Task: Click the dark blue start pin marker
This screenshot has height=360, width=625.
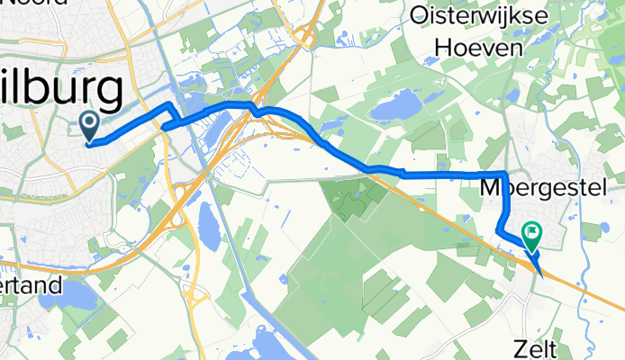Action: pyautogui.click(x=91, y=125)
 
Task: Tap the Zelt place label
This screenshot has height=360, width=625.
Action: pyautogui.click(x=542, y=347)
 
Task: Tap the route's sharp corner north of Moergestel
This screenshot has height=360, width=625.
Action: pyautogui.click(x=504, y=172)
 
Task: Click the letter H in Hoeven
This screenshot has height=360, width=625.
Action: pyautogui.click(x=443, y=47)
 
